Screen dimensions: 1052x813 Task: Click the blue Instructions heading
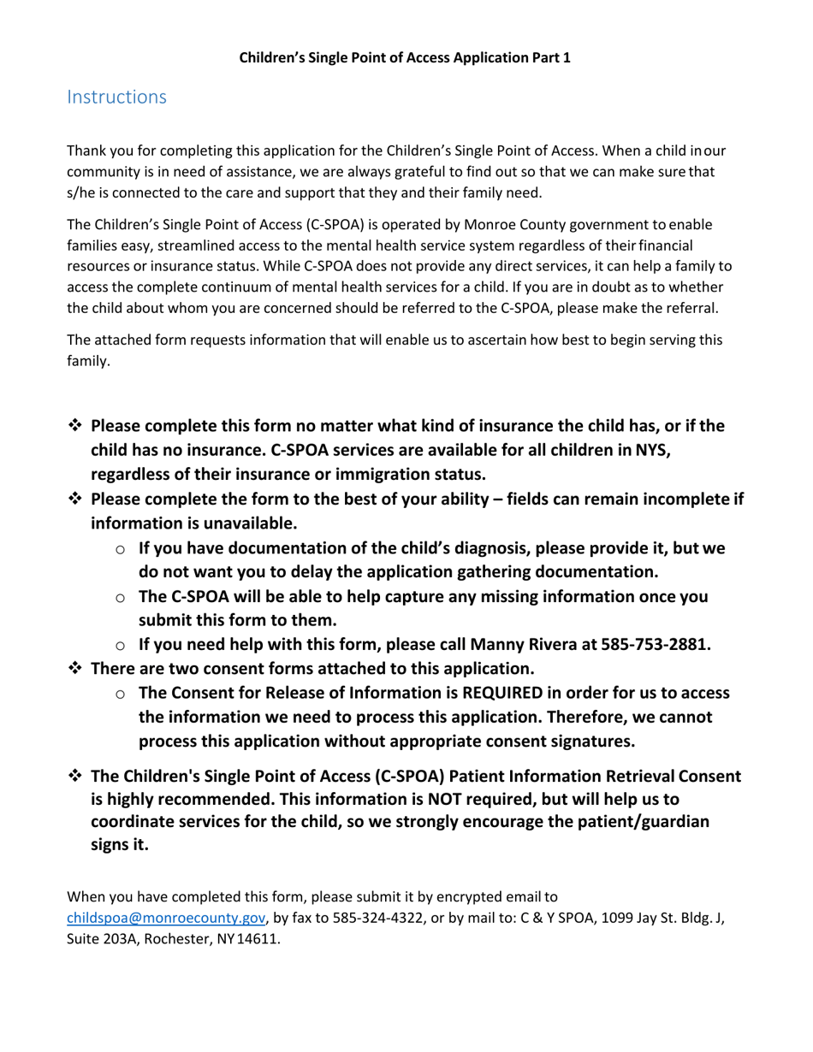pyautogui.click(x=116, y=98)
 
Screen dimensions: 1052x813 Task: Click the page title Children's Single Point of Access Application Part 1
pyautogui.click(x=404, y=58)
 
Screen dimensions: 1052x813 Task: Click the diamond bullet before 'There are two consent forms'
pyautogui.click(x=74, y=668)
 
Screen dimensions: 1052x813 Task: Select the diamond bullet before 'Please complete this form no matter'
pyautogui.click(x=74, y=425)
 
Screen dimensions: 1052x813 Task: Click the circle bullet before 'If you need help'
pyautogui.click(x=121, y=646)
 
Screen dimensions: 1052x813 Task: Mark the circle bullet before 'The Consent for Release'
pyautogui.click(x=121, y=694)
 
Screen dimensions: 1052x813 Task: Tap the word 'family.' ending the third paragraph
pyautogui.click(x=88, y=361)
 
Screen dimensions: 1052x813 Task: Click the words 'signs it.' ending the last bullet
pyautogui.click(x=120, y=845)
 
